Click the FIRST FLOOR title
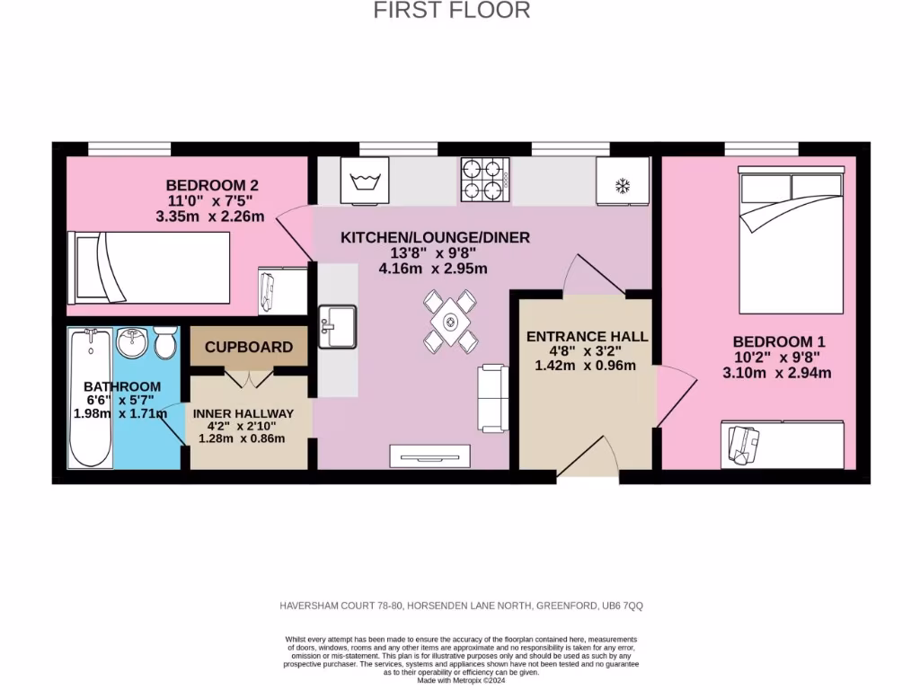(x=452, y=11)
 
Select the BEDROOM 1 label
(x=778, y=342)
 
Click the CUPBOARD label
(x=249, y=347)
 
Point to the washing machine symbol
(x=365, y=181)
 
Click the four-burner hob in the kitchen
(x=484, y=179)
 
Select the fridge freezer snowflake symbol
(x=622, y=185)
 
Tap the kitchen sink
(x=338, y=324)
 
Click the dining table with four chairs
(x=450, y=320)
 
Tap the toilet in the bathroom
(x=164, y=342)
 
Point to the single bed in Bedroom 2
(x=149, y=267)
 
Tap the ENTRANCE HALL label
(x=587, y=336)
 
